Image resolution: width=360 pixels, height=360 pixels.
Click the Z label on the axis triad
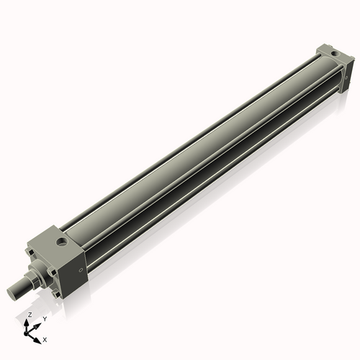point(30,315)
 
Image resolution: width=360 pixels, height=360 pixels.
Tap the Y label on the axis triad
point(44,318)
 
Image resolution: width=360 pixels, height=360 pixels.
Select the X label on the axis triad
point(45,338)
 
